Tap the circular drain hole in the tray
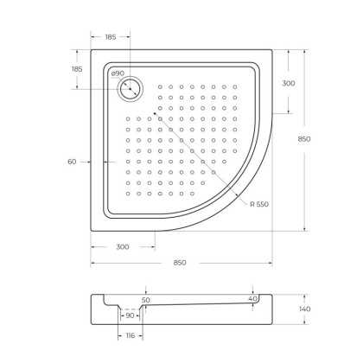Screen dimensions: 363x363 [x=131, y=88]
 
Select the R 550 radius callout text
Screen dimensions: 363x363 [x=259, y=204]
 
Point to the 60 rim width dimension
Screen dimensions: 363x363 [x=72, y=162]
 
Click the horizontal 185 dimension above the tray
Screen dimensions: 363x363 [x=111, y=38]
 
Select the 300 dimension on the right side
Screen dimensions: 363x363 [x=288, y=84]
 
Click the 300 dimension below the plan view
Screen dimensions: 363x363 [x=123, y=247]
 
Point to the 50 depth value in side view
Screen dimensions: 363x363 [x=145, y=300]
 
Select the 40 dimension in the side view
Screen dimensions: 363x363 [x=252, y=299]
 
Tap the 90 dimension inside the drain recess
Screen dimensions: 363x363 [x=128, y=317]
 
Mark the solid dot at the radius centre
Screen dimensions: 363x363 [x=156, y=112]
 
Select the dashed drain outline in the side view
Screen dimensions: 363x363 [x=129, y=309]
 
